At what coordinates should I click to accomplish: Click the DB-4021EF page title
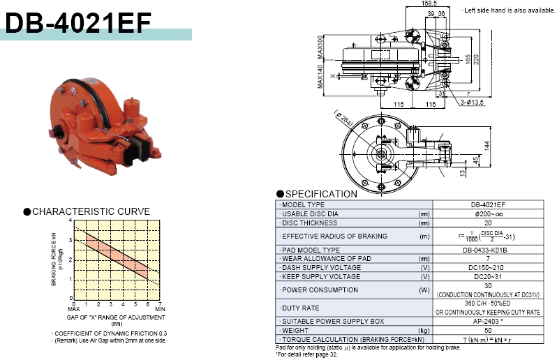(x=78, y=23)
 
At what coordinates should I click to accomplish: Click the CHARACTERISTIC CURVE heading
(x=91, y=211)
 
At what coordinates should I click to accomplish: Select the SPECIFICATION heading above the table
(x=321, y=194)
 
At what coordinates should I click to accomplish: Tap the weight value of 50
(x=488, y=331)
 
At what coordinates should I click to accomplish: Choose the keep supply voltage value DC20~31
(x=488, y=276)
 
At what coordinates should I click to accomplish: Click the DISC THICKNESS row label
(x=309, y=223)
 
